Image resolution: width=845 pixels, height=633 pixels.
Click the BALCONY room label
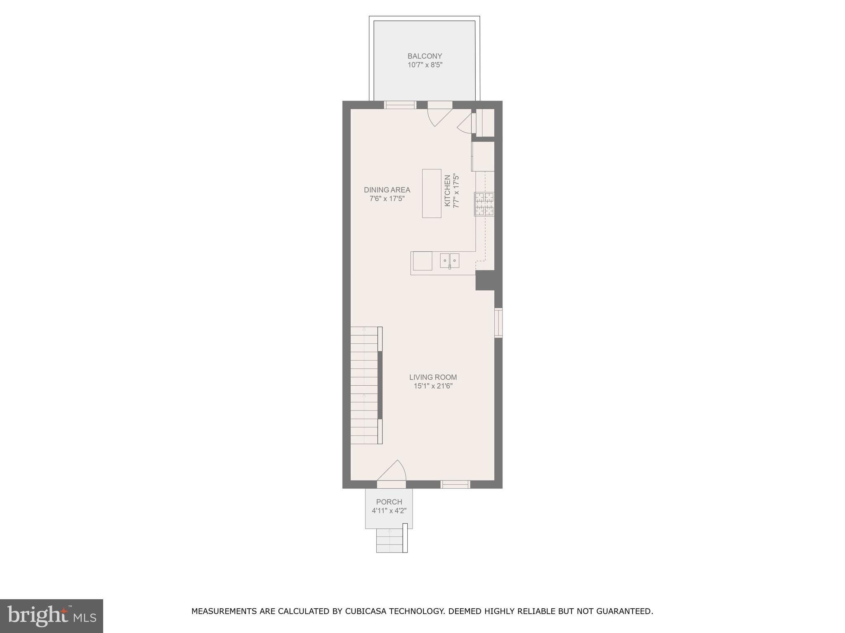point(425,56)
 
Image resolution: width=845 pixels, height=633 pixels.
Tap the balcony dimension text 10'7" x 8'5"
point(425,65)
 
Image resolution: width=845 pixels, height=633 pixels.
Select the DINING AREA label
point(387,190)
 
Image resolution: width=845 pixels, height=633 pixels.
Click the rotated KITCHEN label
point(447,191)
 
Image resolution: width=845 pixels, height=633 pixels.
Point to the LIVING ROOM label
point(433,377)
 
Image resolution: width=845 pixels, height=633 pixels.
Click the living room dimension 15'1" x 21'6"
point(433,386)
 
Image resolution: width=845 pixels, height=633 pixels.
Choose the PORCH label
point(389,502)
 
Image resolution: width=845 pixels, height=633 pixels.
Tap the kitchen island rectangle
point(432,193)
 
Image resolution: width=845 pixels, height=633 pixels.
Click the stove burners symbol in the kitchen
point(484,204)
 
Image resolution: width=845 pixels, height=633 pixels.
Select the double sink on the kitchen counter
point(449,260)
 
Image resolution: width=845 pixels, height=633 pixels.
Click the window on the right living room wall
point(498,323)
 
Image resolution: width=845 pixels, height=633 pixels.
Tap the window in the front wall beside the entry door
point(455,484)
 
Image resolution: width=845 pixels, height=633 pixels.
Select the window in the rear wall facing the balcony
point(400,105)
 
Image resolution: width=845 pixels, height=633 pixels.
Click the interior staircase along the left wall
point(364,385)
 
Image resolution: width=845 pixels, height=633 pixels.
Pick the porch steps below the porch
point(390,540)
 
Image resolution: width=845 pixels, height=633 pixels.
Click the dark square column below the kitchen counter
point(485,280)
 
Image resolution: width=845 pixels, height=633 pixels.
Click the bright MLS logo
point(51,616)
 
